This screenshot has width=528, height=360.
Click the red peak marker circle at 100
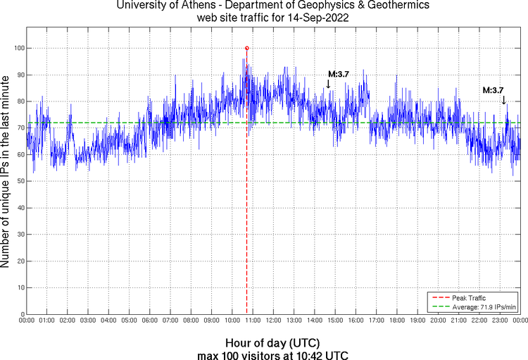tap(246, 48)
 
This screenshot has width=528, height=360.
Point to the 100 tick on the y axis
tap(19, 48)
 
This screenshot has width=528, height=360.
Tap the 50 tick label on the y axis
tap(19, 181)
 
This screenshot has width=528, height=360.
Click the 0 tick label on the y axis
tap(21, 314)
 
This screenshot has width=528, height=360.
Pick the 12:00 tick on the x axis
tap(273, 321)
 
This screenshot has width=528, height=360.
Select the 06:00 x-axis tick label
tap(149, 321)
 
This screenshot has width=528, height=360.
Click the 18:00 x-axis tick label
tap(396, 321)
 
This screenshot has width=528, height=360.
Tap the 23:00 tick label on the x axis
tap(499, 321)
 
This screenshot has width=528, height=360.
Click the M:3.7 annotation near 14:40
tap(339, 74)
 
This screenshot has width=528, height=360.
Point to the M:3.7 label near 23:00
tap(493, 90)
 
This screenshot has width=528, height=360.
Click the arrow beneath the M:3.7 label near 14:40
tap(328, 84)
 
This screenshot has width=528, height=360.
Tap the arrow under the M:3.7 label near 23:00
tap(503, 100)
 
